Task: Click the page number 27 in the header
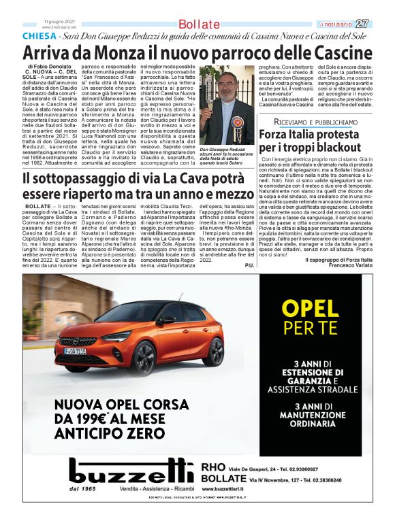(380, 24)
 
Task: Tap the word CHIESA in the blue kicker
(39, 35)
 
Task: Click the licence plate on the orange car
(75, 351)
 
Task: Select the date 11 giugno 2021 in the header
(59, 21)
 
